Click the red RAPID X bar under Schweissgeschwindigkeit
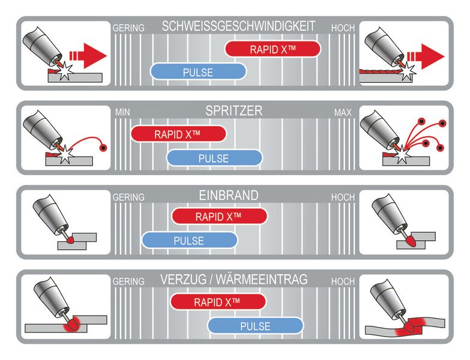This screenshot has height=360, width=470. (x=272, y=49)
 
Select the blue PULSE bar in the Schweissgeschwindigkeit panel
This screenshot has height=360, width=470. (x=197, y=72)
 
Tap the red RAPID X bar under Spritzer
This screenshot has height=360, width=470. (x=178, y=134)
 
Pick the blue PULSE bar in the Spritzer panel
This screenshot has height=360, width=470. (x=214, y=158)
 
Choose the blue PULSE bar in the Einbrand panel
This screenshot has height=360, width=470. (x=189, y=241)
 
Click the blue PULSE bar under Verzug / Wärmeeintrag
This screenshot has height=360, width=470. (x=255, y=326)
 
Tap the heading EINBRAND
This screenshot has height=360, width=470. (x=228, y=196)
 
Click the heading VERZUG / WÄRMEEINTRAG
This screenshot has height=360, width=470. (x=233, y=280)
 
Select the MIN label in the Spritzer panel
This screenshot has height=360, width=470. (x=121, y=112)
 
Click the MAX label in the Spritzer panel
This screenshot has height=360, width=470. (x=343, y=112)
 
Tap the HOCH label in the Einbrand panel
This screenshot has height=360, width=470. (x=342, y=197)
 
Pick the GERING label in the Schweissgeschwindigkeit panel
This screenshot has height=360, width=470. (x=128, y=28)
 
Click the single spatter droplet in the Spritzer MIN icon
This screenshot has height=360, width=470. (x=104, y=147)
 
